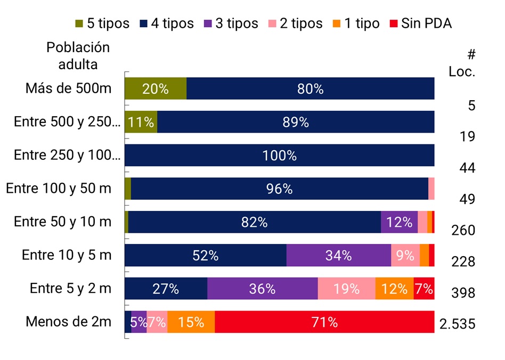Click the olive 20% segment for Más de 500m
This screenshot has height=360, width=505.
coord(156,88)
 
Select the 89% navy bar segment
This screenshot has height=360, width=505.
coord(296,122)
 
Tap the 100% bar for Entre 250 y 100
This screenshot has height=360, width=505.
coord(280,156)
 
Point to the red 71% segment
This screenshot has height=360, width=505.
coord(324,322)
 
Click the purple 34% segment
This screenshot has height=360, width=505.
coord(339,255)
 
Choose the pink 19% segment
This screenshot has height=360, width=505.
coord(346,289)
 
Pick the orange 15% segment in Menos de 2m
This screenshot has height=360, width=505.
coord(191,322)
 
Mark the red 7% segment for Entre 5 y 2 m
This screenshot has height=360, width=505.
coord(424,289)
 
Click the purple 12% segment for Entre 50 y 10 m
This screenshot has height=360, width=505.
coord(399,222)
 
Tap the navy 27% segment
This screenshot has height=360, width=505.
coord(166,289)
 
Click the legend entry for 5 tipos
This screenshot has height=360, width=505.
coord(102,23)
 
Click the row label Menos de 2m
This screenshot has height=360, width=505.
coord(69,322)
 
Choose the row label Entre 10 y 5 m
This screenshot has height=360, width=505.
coord(67,255)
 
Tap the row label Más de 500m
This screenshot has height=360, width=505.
coord(69,88)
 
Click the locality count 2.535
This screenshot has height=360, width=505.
coord(457,324)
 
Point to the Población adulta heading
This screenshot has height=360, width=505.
coord(78,55)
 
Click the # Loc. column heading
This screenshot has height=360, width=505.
coord(462,63)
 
